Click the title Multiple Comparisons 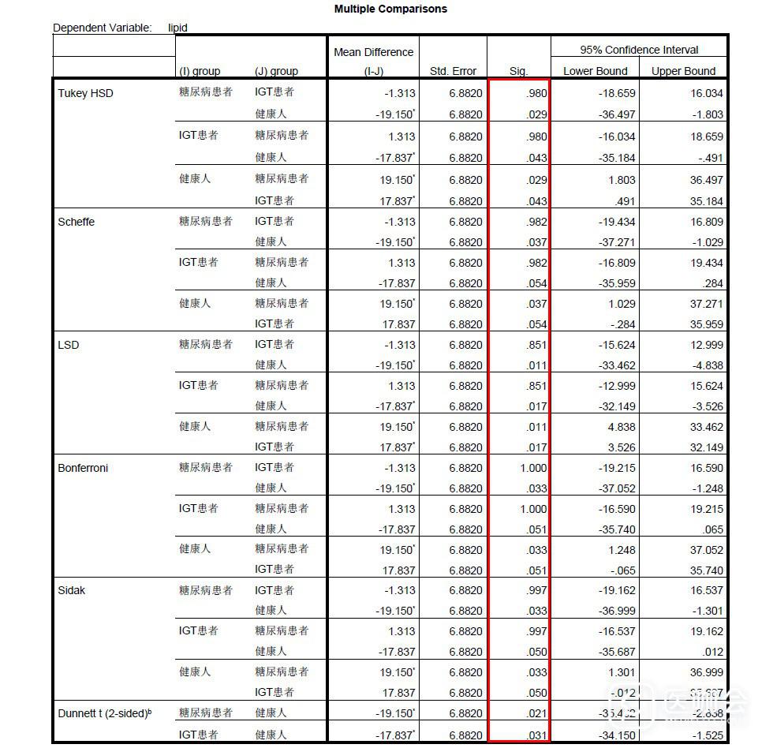(390, 9)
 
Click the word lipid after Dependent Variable (177, 28)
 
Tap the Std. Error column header (453, 71)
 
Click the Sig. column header (518, 71)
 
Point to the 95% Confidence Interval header (639, 50)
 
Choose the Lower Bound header (595, 71)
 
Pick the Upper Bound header (683, 71)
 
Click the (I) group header (200, 71)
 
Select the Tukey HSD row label (85, 93)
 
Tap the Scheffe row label (77, 222)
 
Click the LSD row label (69, 345)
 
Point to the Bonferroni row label (83, 468)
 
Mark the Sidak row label (72, 590)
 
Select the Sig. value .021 (536, 713)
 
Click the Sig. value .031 (536, 734)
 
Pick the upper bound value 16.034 (707, 93)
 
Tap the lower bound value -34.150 (615, 734)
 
